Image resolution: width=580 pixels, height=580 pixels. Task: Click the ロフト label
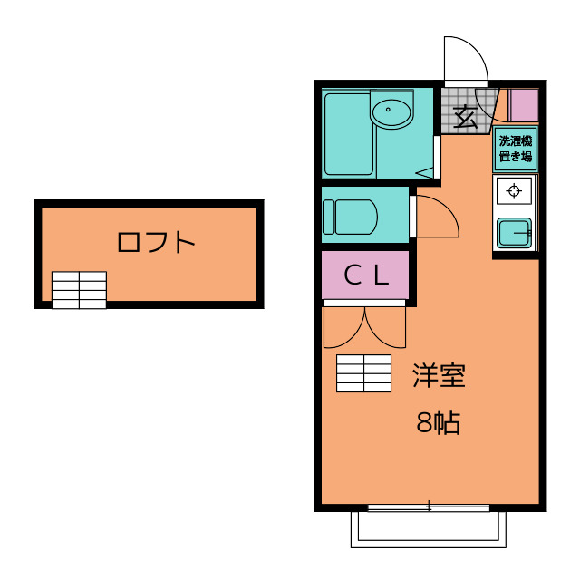pyautogui.click(x=156, y=243)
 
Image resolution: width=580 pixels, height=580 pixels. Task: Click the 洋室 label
pyautogui.click(x=439, y=376)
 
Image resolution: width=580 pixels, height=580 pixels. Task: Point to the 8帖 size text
pyautogui.click(x=439, y=422)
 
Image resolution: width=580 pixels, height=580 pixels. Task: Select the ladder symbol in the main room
pyautogui.click(x=363, y=372)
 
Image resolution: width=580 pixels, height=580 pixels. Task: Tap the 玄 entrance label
pyautogui.click(x=465, y=117)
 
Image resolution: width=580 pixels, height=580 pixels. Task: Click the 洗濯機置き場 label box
pyautogui.click(x=516, y=149)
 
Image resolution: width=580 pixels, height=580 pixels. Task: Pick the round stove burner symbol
pyautogui.click(x=515, y=190)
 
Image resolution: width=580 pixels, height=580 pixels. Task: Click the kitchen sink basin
pyautogui.click(x=514, y=234)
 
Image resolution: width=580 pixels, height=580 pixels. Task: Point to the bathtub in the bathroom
pyautogui.click(x=348, y=133)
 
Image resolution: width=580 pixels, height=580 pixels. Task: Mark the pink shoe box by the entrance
pyautogui.click(x=523, y=106)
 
